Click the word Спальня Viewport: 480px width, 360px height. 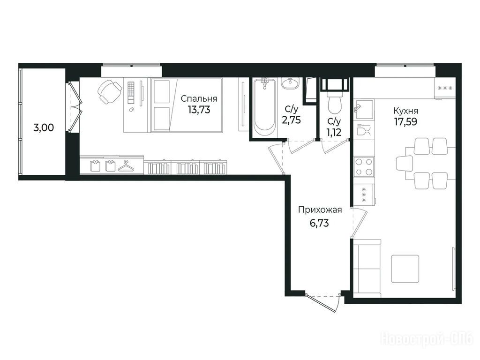(x=199, y=99)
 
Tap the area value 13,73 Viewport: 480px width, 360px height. (x=199, y=110)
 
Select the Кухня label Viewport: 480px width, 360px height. (x=406, y=111)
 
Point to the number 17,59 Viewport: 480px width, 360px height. (x=405, y=122)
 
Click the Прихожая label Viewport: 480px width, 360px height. (x=320, y=210)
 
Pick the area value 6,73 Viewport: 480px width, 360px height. (x=319, y=223)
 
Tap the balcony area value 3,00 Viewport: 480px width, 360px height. (x=44, y=127)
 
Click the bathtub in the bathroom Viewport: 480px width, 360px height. (x=264, y=108)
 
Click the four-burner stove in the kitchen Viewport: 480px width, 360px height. (x=364, y=167)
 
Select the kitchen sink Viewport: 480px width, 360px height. (x=364, y=110)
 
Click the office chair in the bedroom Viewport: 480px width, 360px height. (x=109, y=91)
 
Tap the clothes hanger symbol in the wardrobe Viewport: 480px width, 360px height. (x=127, y=166)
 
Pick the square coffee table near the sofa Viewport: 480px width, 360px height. (x=405, y=269)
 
